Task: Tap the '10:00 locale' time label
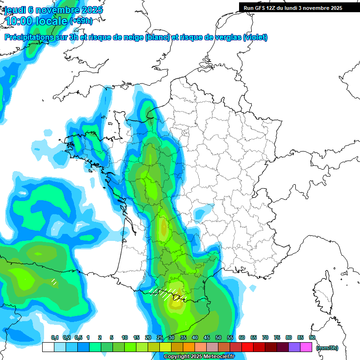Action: [37, 21]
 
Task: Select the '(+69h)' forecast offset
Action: [81, 21]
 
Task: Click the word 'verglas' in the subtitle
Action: [225, 37]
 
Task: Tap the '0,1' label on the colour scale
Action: [54, 338]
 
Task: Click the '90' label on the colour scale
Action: [312, 338]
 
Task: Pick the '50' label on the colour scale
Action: [218, 338]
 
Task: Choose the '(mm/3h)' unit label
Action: [327, 347]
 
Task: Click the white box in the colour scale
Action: [48, 347]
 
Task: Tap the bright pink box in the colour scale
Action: [306, 347]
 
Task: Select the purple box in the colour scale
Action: [294, 347]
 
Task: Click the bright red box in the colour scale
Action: [247, 347]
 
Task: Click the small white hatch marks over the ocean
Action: [54, 282]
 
